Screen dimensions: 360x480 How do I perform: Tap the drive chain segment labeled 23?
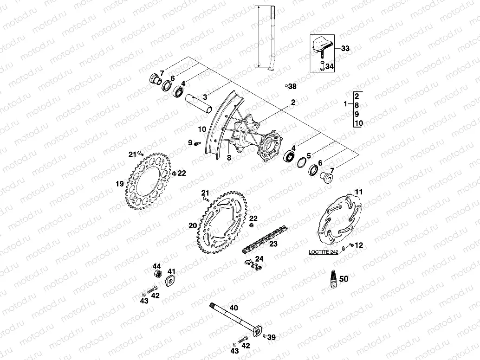pyautogui.click(x=265, y=238)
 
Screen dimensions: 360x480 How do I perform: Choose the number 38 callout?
pyautogui.click(x=292, y=86)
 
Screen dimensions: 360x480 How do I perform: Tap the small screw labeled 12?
pyautogui.click(x=352, y=245)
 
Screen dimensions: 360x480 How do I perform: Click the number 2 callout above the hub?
pyautogui.click(x=293, y=101)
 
